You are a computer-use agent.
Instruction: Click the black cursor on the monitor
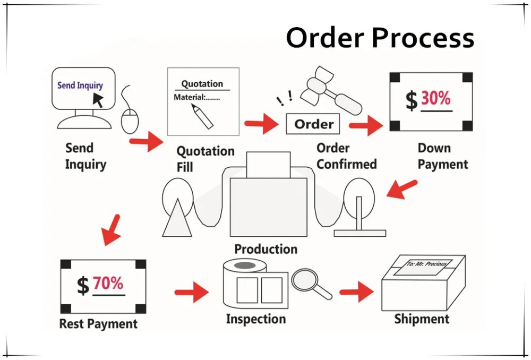click(x=98, y=99)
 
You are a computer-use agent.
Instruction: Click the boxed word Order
click(x=314, y=124)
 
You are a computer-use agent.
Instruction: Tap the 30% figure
click(x=435, y=98)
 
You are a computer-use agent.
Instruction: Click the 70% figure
click(x=108, y=283)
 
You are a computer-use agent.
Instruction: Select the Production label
click(x=265, y=249)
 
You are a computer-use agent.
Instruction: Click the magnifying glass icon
click(x=310, y=282)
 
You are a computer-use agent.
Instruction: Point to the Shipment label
click(x=422, y=319)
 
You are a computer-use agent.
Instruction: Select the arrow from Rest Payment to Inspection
click(x=192, y=291)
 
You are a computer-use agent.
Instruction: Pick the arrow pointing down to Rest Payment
click(x=113, y=229)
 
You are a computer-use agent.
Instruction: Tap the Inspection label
click(x=256, y=319)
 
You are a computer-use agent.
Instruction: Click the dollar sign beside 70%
click(x=83, y=286)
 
